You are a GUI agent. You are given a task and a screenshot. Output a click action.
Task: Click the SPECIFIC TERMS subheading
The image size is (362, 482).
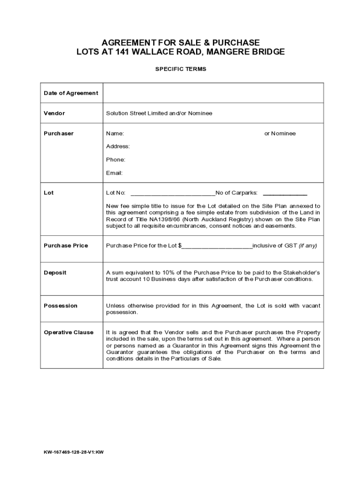(x=181, y=69)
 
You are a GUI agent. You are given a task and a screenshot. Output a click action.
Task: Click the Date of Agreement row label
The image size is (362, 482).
(x=71, y=93)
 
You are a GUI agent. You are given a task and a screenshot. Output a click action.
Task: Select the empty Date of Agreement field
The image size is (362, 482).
(x=213, y=93)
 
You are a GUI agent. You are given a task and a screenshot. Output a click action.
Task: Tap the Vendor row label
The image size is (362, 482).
(x=55, y=113)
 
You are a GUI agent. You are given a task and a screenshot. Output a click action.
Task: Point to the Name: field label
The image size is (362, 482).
(x=115, y=134)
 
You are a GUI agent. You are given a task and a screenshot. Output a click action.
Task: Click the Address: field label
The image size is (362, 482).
(x=118, y=146)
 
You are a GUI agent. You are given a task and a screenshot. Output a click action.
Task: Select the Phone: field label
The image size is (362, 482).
(x=116, y=160)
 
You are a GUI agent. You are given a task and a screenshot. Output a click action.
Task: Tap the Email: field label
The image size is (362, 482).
(x=114, y=173)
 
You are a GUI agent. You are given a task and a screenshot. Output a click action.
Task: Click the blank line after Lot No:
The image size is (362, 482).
(x=173, y=193)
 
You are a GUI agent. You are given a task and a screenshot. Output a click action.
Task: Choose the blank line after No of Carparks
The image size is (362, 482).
(x=285, y=193)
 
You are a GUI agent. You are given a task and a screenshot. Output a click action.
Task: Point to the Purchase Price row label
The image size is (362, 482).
(x=66, y=246)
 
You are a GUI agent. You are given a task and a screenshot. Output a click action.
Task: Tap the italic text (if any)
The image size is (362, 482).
(x=308, y=246)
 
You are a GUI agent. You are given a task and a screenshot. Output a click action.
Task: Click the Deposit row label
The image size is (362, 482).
(x=55, y=273)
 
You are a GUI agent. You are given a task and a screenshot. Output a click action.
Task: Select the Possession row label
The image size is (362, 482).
(x=61, y=306)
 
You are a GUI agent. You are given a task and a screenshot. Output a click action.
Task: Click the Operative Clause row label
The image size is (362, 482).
(x=69, y=332)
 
